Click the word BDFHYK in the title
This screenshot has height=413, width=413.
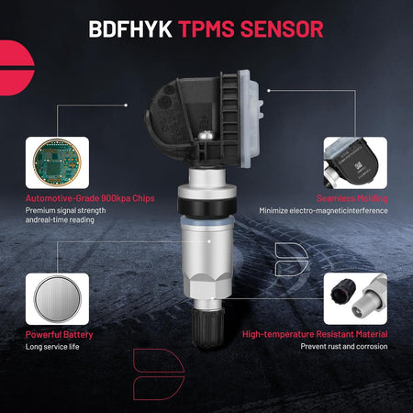coord(130,29)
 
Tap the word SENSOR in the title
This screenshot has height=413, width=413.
coord(282,29)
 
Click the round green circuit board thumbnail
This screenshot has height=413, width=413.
coord(57,162)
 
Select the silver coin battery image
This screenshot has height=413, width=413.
coord(57,299)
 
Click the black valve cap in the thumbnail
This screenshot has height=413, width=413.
coord(343,290)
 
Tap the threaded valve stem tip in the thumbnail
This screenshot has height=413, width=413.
coord(367,303)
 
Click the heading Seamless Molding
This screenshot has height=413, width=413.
coord(352,198)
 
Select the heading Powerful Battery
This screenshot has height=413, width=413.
coord(59,335)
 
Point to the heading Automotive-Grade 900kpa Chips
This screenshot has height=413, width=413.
coord(90,198)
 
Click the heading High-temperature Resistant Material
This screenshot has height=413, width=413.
coord(315,334)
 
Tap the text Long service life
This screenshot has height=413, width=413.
coord(52,347)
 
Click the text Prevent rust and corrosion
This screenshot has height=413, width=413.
coord(344,347)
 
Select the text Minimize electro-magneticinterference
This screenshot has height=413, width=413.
coord(323,211)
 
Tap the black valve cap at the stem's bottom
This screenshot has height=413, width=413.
coord(207,328)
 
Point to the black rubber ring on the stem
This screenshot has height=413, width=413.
coord(206,207)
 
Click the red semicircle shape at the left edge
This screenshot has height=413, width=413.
coord(16,68)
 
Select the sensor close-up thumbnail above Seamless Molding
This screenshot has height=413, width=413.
coord(355,162)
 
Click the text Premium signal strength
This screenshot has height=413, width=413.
coord(66,211)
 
